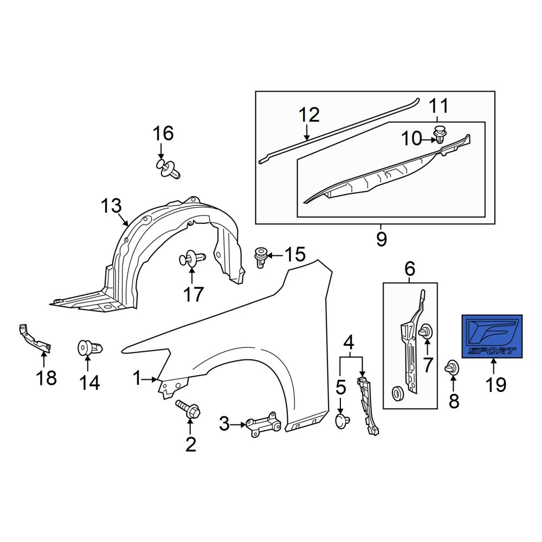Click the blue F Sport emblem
pos(492,337)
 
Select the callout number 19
pos(496,384)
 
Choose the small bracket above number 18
pos(35,339)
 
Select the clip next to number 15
pos(261,257)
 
